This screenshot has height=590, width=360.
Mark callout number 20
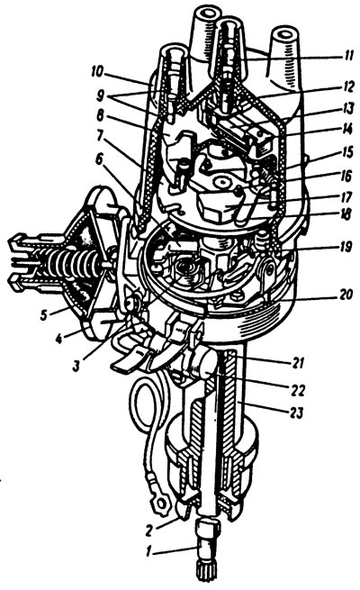click(346, 295)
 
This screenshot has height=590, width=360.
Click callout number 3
click(76, 366)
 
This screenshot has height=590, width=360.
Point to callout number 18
click(346, 214)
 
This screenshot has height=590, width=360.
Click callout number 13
click(347, 109)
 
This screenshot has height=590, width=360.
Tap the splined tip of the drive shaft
click(206, 575)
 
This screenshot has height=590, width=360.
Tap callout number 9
click(100, 96)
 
